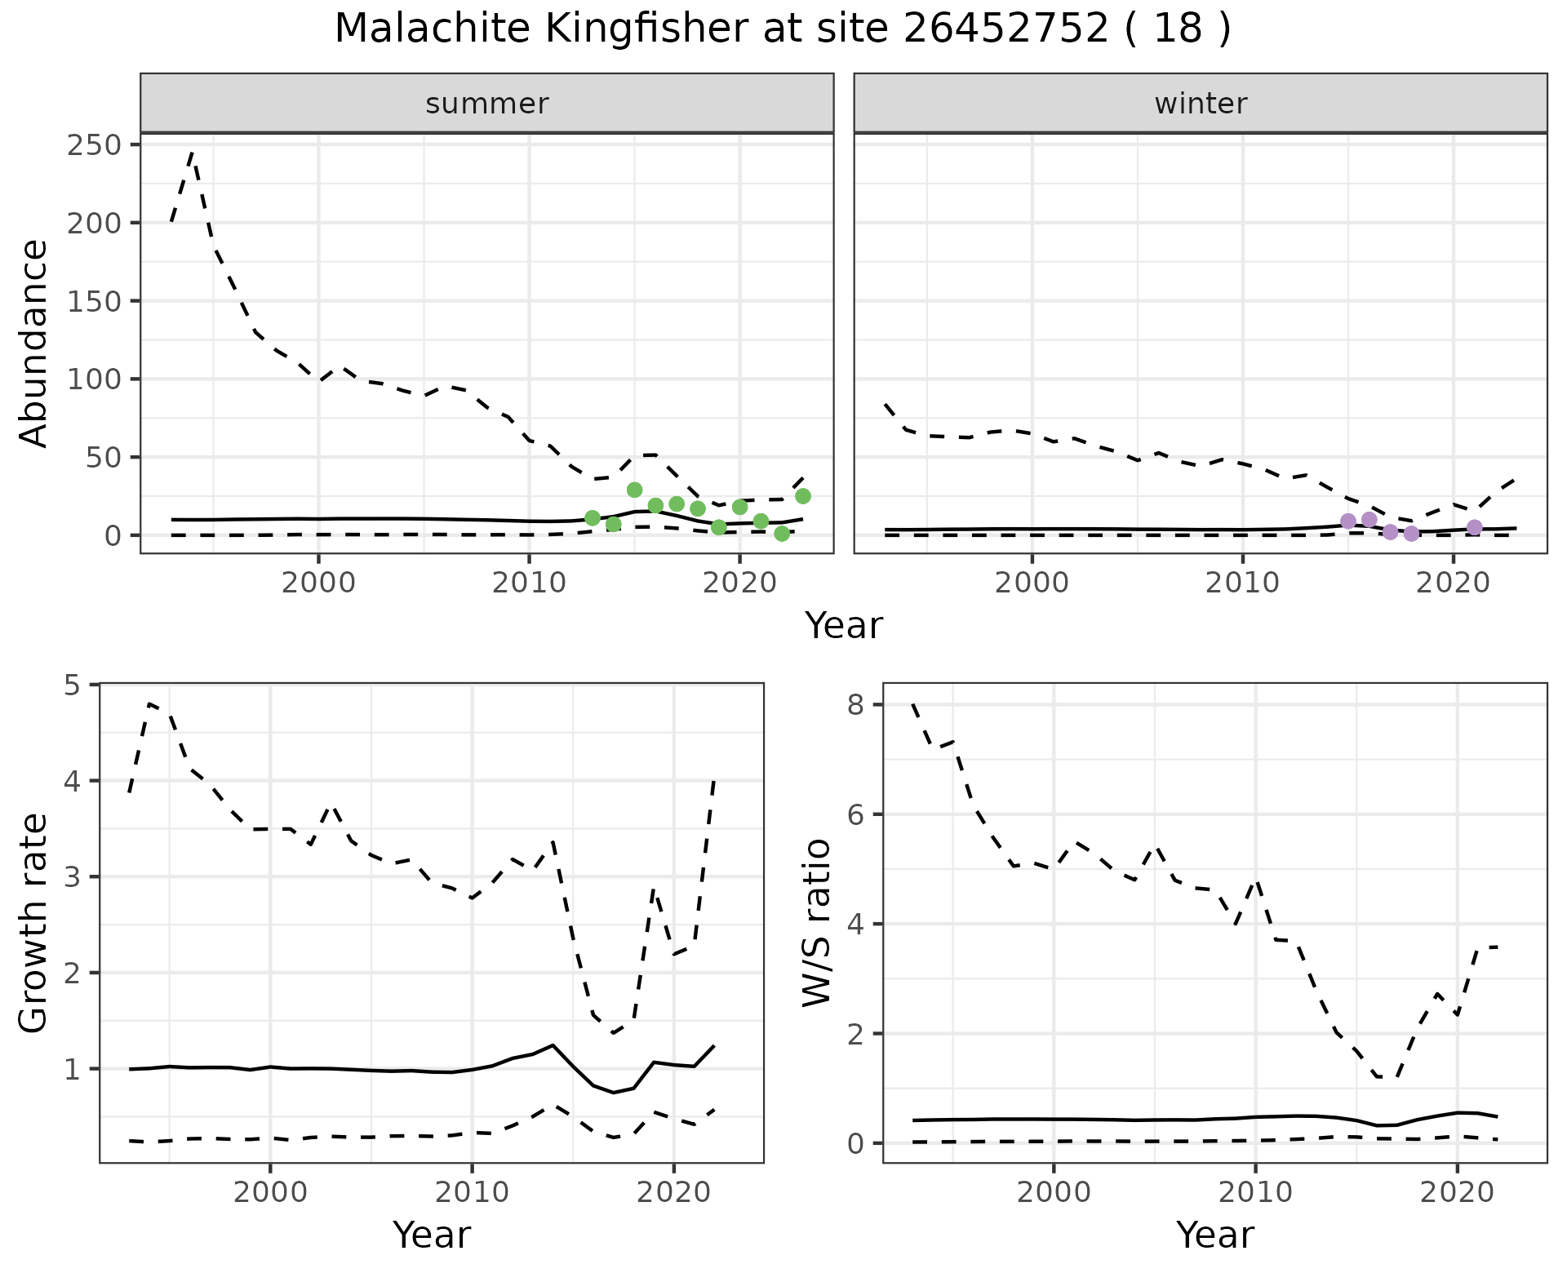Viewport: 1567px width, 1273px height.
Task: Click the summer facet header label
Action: tap(487, 104)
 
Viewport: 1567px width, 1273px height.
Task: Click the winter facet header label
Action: tap(1201, 104)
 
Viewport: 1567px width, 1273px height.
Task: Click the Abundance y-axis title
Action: tap(34, 343)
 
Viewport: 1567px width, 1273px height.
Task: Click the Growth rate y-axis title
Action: tap(34, 924)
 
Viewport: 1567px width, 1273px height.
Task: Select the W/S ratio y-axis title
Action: tap(817, 924)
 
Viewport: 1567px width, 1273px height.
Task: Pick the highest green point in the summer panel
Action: tap(634, 490)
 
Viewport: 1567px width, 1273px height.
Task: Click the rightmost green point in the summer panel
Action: tap(803, 496)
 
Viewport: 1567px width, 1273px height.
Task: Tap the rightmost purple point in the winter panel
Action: tap(1474, 527)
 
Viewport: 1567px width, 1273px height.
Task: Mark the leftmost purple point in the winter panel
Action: tap(1348, 521)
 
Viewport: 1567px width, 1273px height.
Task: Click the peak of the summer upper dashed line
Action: tap(192, 152)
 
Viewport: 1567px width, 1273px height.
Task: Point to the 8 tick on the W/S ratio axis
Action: tap(855, 705)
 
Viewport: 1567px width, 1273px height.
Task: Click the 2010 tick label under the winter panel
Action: tap(1242, 583)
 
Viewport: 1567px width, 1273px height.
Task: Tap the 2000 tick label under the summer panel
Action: tap(318, 583)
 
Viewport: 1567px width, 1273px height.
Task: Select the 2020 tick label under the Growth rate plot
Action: tap(673, 1192)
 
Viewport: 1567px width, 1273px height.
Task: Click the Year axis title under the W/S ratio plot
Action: tap(1214, 1235)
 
